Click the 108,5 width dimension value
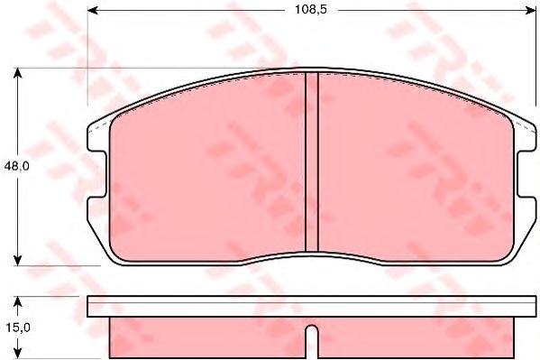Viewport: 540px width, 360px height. pyautogui.click(x=310, y=10)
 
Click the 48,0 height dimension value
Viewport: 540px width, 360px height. pyautogui.click(x=17, y=167)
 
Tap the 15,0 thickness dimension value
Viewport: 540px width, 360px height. pyautogui.click(x=17, y=328)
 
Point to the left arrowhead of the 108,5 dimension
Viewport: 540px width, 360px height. pyautogui.click(x=93, y=10)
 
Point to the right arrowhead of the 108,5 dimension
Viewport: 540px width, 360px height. pyautogui.click(x=530, y=10)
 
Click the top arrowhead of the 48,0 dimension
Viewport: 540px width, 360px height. pyautogui.click(x=17, y=73)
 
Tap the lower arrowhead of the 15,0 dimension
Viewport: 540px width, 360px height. pyautogui.click(x=17, y=353)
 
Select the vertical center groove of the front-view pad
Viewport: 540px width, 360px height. pyautogui.click(x=312, y=162)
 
